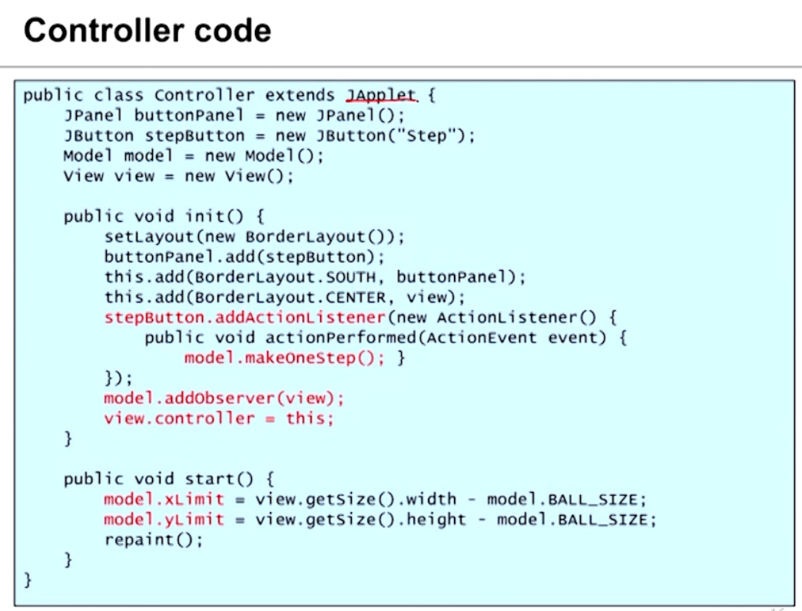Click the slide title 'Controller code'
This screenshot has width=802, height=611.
(x=147, y=31)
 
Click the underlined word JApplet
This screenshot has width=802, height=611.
(x=381, y=96)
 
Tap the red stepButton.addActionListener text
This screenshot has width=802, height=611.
(x=244, y=317)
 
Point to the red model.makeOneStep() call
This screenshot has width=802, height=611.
(x=284, y=358)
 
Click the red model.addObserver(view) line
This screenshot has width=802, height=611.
(x=224, y=398)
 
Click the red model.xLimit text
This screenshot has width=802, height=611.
(x=164, y=500)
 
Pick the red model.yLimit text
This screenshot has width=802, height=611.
(x=164, y=520)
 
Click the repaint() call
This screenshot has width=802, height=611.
(x=154, y=540)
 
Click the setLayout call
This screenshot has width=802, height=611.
(x=148, y=236)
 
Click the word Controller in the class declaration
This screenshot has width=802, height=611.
(x=204, y=96)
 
